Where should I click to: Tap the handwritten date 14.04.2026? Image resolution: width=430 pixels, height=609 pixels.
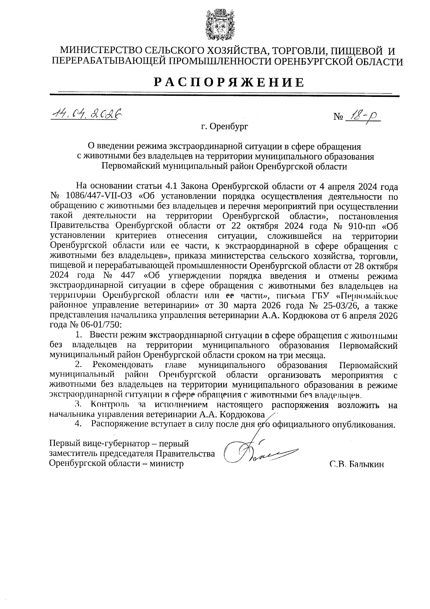click(x=86, y=114)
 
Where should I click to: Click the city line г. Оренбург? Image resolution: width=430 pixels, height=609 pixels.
click(x=224, y=127)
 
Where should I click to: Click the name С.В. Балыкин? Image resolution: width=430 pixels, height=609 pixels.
click(x=357, y=464)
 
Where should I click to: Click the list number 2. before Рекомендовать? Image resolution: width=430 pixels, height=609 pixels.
click(x=78, y=365)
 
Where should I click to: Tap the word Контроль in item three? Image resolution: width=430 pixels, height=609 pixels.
click(x=110, y=405)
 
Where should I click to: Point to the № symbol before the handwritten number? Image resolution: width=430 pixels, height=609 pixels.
click(x=338, y=117)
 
